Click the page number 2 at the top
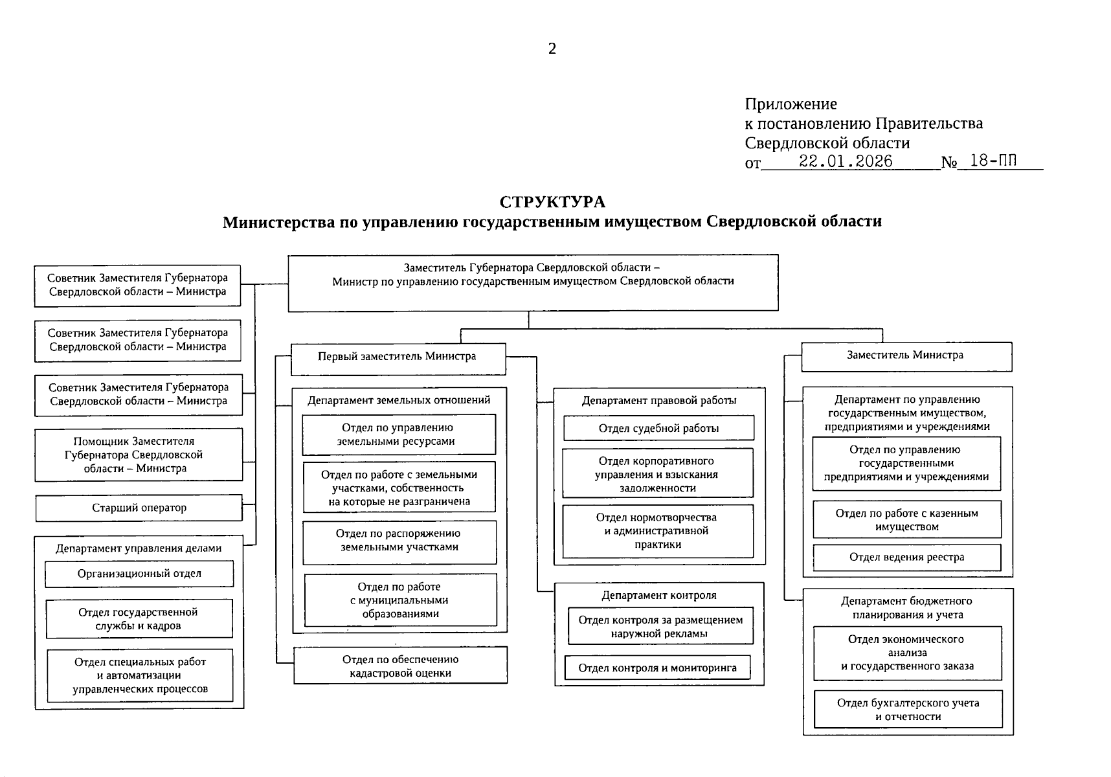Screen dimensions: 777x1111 click(x=552, y=49)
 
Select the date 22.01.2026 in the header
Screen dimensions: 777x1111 click(x=846, y=161)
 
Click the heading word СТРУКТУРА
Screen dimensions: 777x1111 click(x=552, y=202)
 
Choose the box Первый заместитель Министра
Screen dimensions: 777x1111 click(x=398, y=357)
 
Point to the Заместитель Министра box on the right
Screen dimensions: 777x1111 click(x=906, y=356)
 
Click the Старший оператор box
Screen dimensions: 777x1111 click(x=139, y=508)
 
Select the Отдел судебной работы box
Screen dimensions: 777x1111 click(x=658, y=429)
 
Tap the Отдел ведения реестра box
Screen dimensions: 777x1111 click(x=906, y=557)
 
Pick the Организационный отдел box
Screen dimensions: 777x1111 click(x=139, y=574)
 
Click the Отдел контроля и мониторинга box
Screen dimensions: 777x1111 click(x=657, y=668)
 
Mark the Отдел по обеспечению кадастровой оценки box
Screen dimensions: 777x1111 click(x=400, y=666)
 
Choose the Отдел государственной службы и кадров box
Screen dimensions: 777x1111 click(x=139, y=619)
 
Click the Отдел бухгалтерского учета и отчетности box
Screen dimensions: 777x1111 click(x=908, y=710)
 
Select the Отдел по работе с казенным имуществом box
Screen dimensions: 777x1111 click(x=906, y=520)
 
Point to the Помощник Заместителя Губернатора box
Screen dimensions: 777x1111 click(x=139, y=455)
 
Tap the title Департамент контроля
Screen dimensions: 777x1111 click(x=658, y=595)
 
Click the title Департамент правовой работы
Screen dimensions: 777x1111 click(x=659, y=401)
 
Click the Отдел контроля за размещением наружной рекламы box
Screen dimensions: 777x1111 click(x=660, y=626)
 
